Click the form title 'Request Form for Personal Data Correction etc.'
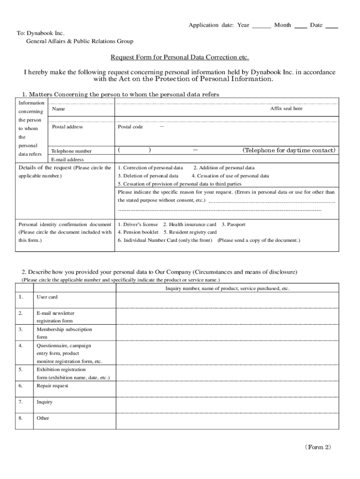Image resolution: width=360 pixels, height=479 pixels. tap(180, 58)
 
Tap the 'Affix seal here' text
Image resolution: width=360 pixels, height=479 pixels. tap(286, 109)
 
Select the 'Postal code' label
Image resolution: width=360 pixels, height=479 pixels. tap(130, 127)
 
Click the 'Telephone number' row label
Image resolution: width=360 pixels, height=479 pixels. tap(72, 151)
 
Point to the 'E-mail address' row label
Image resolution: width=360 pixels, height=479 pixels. tap(67, 160)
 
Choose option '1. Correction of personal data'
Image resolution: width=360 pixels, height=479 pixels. tap(151, 167)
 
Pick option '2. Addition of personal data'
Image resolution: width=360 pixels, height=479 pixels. tap(224, 167)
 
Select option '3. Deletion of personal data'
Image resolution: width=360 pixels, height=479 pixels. tap(148, 176)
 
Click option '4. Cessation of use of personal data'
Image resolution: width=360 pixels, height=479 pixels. tap(230, 176)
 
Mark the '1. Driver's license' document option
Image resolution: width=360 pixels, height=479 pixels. tap(138, 225)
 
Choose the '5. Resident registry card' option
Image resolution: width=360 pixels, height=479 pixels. tap(190, 232)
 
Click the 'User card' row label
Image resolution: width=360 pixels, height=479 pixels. tap(47, 297)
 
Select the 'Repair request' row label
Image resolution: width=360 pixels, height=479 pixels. tap(52, 386)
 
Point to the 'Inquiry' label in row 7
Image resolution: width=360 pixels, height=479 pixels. tap(44, 402)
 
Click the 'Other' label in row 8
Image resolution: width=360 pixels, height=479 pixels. tap(43, 418)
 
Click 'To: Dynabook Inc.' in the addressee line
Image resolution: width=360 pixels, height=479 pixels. tap(41, 33)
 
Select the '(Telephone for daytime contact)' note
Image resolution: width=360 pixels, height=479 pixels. tap(288, 151)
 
